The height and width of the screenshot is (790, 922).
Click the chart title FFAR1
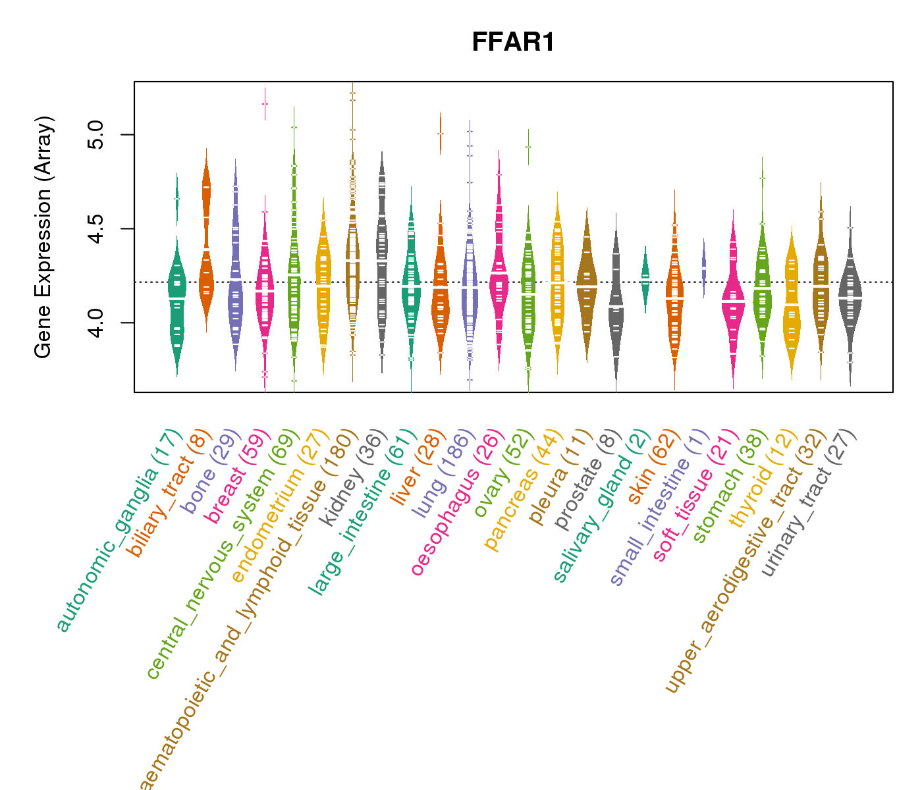click(x=513, y=43)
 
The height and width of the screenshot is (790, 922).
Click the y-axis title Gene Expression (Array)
click(x=43, y=237)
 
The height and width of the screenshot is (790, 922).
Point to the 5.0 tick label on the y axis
click(x=96, y=134)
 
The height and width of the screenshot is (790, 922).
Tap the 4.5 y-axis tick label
click(x=96, y=228)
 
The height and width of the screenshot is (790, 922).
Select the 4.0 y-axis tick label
click(x=96, y=323)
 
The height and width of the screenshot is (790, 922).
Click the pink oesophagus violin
click(x=499, y=276)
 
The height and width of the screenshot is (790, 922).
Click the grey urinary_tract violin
click(x=850, y=296)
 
